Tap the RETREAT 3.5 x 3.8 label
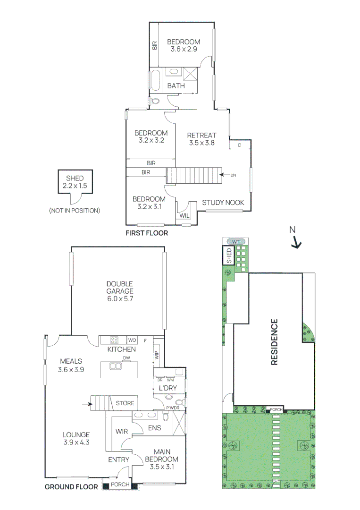[x=201, y=139]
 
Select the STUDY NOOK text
[x=223, y=203]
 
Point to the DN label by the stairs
[x=233, y=175]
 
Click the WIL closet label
[x=184, y=215]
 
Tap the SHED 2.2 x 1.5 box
[x=75, y=182]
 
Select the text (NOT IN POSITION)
[x=75, y=211]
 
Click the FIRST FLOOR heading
[x=146, y=233]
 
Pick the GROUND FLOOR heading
[x=71, y=487]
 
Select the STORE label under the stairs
[x=125, y=403]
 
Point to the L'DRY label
[x=167, y=388]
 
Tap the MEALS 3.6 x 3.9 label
[x=71, y=366]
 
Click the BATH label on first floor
[x=176, y=86]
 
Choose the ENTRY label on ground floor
[x=118, y=459]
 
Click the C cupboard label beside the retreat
[x=239, y=145]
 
